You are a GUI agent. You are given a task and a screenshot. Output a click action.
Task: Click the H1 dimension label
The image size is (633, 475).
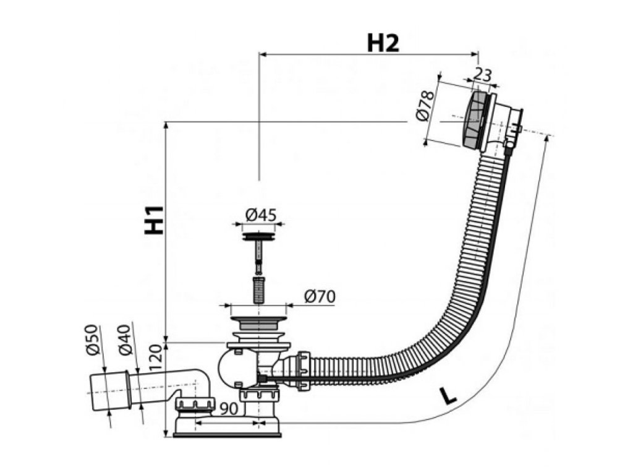[155, 220]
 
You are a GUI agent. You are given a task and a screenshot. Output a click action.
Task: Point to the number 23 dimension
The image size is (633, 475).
[483, 75]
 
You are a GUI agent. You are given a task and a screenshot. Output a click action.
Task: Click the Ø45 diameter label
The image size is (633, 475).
[260, 215]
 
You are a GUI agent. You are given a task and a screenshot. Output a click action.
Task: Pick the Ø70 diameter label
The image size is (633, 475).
[319, 296]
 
